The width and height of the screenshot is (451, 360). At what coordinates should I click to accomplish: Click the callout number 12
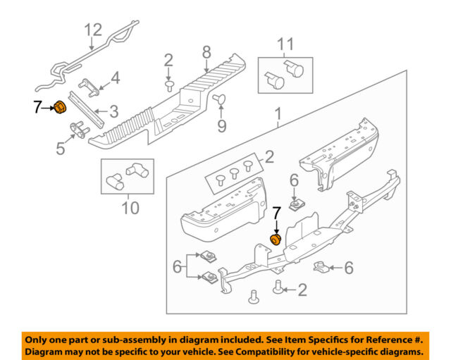pos(93,30)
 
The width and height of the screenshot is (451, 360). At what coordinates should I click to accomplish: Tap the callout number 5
pos(61,149)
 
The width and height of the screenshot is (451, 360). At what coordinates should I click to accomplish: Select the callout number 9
pos(221,127)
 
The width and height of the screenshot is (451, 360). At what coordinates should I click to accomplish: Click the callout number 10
pos(130,208)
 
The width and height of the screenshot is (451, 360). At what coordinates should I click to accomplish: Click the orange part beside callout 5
pos(61,107)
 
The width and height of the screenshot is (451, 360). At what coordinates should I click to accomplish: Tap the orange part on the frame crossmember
pos(276,241)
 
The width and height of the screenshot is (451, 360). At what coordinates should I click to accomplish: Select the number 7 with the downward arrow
pos(277,211)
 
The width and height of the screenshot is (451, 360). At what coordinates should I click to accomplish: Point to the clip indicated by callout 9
pos(220,99)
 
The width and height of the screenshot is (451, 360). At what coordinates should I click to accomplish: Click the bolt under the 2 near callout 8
pos(170,86)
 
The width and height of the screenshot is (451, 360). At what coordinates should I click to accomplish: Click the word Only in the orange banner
pos(41,338)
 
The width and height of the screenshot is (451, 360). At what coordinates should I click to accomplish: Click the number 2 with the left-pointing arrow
pos(302,289)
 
